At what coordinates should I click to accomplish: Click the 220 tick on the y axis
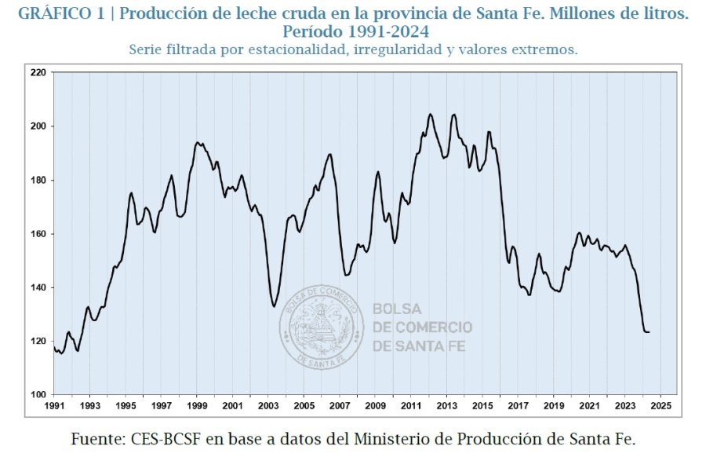tap(37, 72)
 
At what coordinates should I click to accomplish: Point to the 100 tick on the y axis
tap(37, 394)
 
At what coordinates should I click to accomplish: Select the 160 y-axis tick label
tap(37, 234)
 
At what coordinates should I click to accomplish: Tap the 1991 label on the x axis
tap(53, 406)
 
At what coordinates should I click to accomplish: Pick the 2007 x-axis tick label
tap(339, 406)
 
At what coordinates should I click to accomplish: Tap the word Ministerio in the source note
tap(398, 439)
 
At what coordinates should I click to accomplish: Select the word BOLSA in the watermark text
tap(397, 309)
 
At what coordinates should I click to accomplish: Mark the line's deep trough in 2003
tap(275, 306)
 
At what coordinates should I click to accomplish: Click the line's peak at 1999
tap(197, 142)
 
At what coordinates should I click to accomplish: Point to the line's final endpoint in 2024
tap(649, 332)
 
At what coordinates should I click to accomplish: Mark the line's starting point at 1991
tap(54, 348)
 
